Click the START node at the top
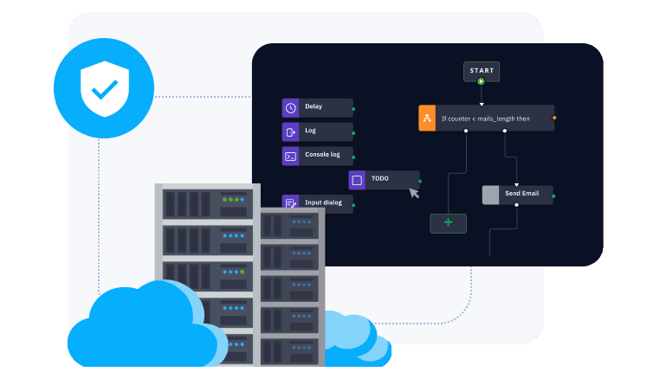[x=482, y=70]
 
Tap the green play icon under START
[x=482, y=81]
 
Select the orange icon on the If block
[x=426, y=118]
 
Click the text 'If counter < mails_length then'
[x=485, y=119]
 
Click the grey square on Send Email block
[x=490, y=195]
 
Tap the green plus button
[x=448, y=222]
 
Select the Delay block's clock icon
[x=291, y=107]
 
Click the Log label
[x=310, y=131]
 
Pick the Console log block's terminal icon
[x=291, y=156]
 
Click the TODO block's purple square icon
[x=357, y=180]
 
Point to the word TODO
[x=379, y=179]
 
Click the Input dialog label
[x=323, y=203]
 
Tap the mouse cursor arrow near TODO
[x=414, y=193]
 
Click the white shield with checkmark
[x=103, y=87]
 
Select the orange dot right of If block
[x=554, y=117]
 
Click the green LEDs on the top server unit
[x=233, y=200]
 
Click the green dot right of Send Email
[x=553, y=195]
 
